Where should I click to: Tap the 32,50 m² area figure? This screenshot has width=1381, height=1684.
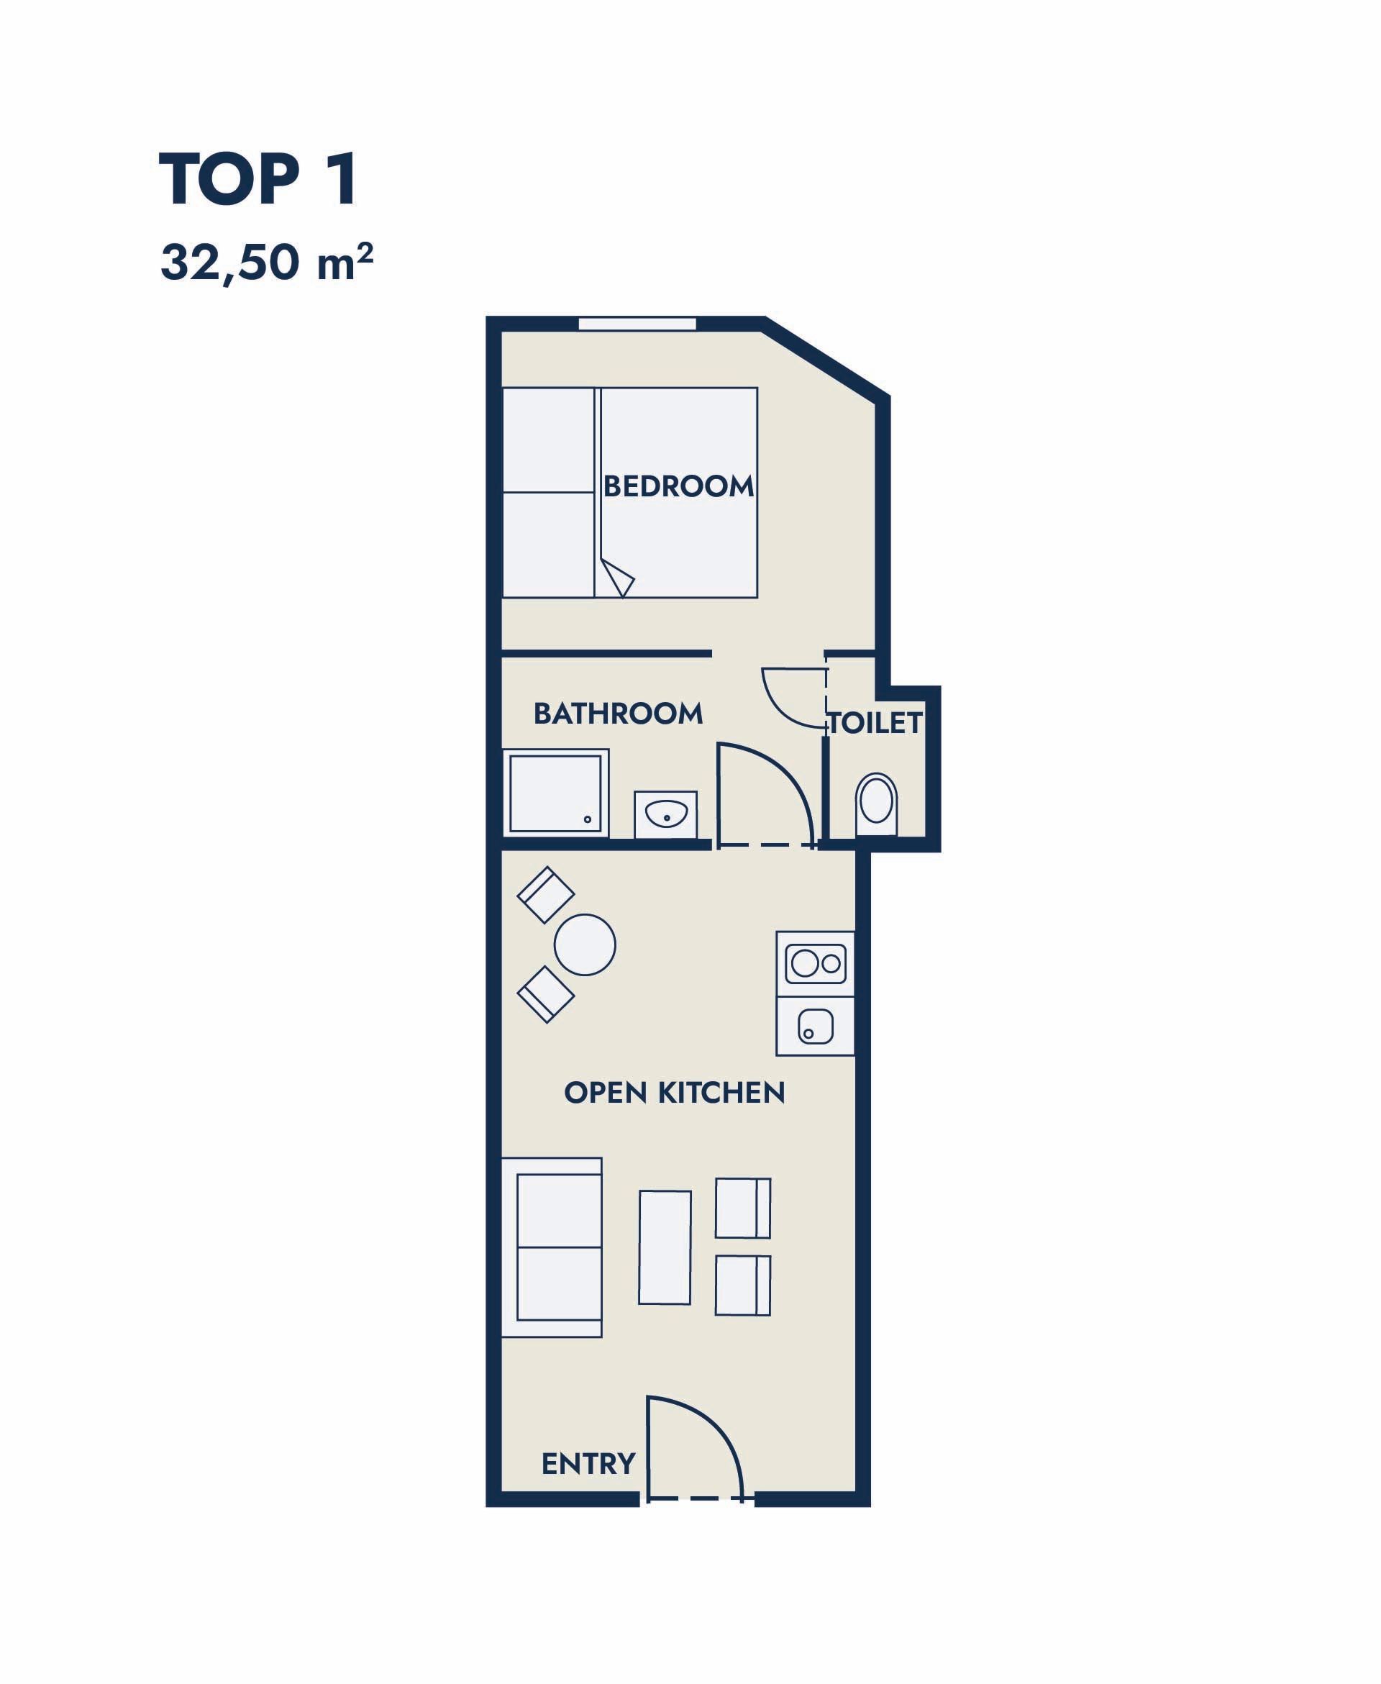(267, 263)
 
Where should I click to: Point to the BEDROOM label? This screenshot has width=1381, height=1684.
(678, 486)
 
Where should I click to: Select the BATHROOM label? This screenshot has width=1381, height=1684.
(618, 714)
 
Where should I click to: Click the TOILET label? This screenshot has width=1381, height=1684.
(875, 723)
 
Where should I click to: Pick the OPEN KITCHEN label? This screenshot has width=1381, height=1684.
(675, 1093)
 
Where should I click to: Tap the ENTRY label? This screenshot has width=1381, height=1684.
(588, 1464)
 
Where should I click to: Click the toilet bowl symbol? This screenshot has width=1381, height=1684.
(876, 804)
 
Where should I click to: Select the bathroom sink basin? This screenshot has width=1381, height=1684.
(666, 814)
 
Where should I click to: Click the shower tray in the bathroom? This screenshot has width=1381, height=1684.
(555, 793)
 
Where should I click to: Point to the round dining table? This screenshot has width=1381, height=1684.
(585, 945)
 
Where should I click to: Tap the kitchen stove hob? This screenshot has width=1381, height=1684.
(816, 964)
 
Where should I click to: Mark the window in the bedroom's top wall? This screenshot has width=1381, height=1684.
(637, 324)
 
